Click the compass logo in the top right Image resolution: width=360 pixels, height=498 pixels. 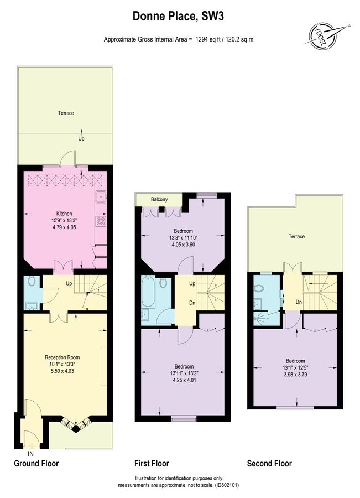(326, 34)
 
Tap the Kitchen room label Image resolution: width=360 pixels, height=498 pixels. (64, 214)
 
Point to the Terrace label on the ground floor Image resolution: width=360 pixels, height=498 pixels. (66, 113)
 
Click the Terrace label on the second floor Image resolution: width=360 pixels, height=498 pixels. (296, 237)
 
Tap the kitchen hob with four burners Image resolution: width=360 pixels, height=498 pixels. (101, 221)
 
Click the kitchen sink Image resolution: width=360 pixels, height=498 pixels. (101, 197)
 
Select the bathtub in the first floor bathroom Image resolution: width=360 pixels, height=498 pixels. (148, 293)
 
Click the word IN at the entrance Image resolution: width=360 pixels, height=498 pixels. (30, 453)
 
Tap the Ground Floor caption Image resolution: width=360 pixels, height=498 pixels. (36, 464)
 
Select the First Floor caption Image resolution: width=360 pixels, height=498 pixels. (152, 464)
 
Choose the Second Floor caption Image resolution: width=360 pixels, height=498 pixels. (269, 464)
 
